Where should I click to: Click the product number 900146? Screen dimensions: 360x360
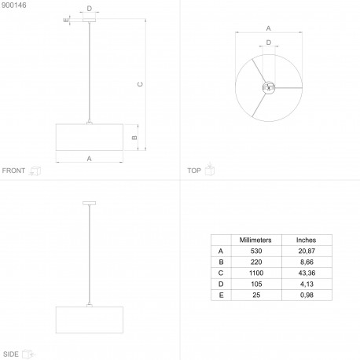pyautogui.click(x=14, y=5)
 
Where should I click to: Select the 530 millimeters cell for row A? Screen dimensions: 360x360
pyautogui.click(x=256, y=251)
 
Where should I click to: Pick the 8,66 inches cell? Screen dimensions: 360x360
pyautogui.click(x=307, y=262)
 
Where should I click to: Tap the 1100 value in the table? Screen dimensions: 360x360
pyautogui.click(x=256, y=273)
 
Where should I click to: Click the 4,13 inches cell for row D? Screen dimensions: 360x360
pyautogui.click(x=307, y=284)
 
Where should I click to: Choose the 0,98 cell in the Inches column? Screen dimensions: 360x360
pyautogui.click(x=307, y=295)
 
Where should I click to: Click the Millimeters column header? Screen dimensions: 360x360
pyautogui.click(x=255, y=240)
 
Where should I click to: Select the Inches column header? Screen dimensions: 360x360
pyautogui.click(x=306, y=240)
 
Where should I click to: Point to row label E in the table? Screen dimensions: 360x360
pyautogui.click(x=221, y=296)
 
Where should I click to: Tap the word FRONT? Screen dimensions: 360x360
pyautogui.click(x=13, y=171)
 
